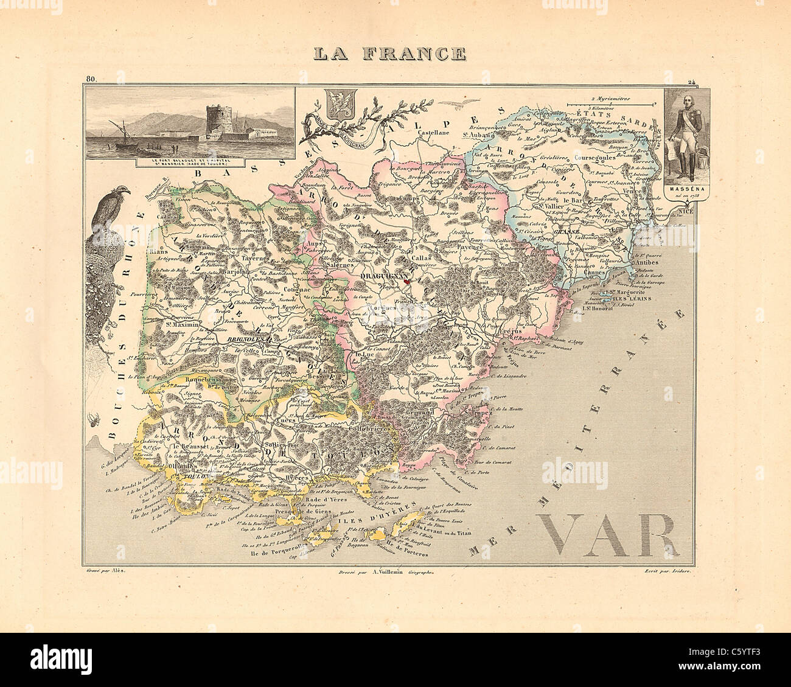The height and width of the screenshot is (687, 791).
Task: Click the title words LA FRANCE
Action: tap(390, 54)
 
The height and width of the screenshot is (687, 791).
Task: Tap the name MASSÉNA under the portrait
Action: tap(686, 188)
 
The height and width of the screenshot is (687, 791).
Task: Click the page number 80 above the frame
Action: tap(91, 79)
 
